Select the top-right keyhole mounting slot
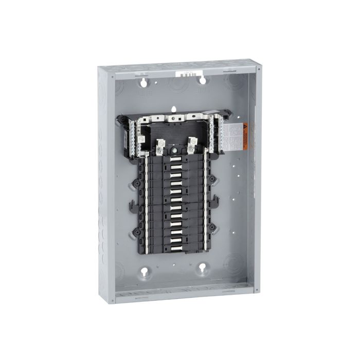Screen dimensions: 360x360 click(203, 80)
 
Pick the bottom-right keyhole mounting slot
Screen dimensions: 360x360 click(203, 268)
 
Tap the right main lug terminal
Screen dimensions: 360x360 click(192, 145)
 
